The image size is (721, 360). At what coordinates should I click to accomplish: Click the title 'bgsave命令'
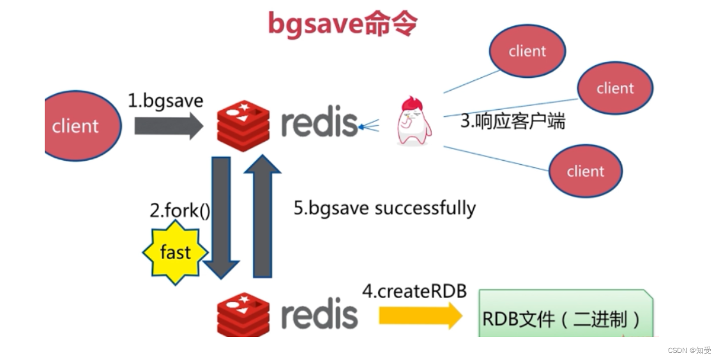point(342,24)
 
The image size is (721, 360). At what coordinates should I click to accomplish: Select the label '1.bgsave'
point(165,100)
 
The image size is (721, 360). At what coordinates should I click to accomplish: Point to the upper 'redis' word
point(319,121)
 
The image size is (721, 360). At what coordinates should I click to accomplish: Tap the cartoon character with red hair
point(413,121)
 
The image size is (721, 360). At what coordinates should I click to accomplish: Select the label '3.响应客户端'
point(513,121)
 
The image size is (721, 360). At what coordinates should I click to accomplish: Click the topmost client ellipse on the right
point(527,52)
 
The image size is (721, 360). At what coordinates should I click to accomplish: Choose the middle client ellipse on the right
point(614,89)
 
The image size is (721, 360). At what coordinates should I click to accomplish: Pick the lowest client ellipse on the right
point(585,170)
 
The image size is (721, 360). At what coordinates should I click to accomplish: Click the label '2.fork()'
point(179,211)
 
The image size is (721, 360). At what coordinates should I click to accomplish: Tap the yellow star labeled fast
point(175,253)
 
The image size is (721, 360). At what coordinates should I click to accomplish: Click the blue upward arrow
point(262,217)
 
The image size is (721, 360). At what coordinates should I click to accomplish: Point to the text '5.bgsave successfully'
point(384,208)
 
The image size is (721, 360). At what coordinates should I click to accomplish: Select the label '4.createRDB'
point(414,291)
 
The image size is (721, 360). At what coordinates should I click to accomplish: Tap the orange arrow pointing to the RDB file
point(420,316)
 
